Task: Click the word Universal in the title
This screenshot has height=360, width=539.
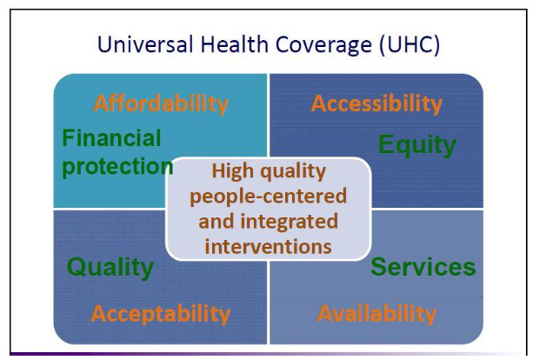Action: (x=144, y=44)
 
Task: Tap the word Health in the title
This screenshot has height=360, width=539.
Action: (x=235, y=44)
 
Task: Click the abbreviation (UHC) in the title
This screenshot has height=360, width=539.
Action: (x=409, y=45)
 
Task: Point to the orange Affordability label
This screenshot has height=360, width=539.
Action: (x=161, y=103)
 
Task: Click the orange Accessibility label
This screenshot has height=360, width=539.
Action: (x=376, y=103)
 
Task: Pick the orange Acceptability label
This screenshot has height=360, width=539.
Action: (x=161, y=314)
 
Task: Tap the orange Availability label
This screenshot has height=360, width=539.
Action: (x=376, y=314)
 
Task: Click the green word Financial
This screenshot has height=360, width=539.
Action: (x=111, y=138)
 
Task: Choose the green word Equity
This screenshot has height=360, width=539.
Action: (x=417, y=145)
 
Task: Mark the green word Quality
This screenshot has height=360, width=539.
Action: (x=110, y=268)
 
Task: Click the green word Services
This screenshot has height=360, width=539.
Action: (x=423, y=267)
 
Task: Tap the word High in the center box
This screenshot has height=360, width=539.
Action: (x=233, y=171)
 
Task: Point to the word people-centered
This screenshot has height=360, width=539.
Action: (x=268, y=197)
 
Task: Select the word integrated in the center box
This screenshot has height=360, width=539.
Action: (x=289, y=222)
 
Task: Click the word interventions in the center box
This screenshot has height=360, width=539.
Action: (x=268, y=247)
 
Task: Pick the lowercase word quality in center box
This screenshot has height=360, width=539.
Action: (x=293, y=172)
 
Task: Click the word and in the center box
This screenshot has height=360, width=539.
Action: (x=216, y=222)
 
